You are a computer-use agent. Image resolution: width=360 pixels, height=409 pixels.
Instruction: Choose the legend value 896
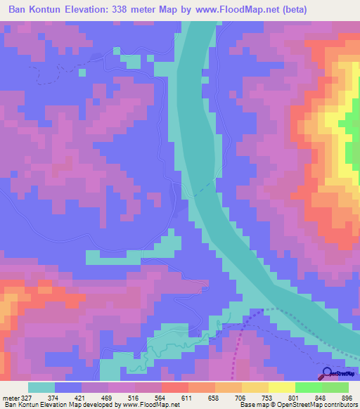[x=346, y=397]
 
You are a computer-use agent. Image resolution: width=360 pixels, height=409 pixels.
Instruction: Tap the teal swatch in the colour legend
[x=41, y=387]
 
